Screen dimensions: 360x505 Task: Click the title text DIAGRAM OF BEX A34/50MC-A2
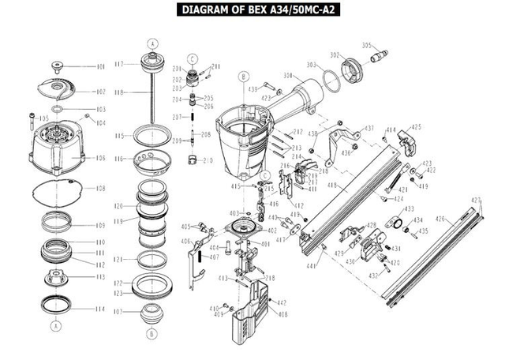252,10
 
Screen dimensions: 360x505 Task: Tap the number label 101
100,67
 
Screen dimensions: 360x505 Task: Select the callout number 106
100,158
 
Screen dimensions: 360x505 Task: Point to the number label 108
100,189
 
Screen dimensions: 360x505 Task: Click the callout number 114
100,309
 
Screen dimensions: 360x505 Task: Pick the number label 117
120,63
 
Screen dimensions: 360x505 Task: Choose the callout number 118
120,92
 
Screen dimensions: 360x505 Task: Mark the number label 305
366,45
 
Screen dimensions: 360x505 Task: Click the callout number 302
335,54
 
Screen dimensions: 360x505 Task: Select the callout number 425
416,126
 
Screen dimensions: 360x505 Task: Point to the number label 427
475,199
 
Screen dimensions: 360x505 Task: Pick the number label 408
282,314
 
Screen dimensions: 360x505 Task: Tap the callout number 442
282,303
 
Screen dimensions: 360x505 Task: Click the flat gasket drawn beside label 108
54,189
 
